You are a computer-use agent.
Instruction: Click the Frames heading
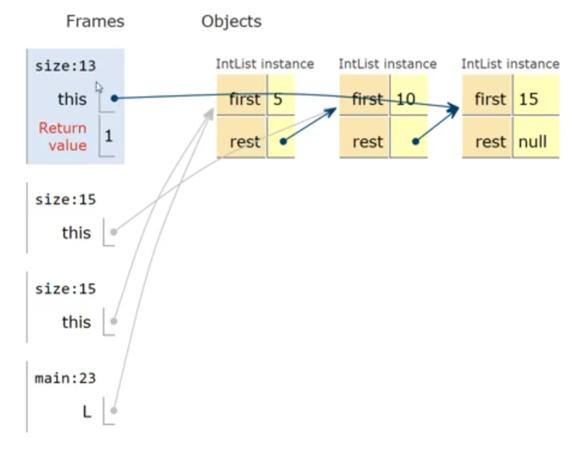95,22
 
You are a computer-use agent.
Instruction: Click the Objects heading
231,22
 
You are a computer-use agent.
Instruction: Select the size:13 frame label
65,66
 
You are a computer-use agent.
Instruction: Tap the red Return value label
63,137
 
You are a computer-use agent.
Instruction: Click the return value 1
108,136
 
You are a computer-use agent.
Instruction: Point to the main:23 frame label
65,378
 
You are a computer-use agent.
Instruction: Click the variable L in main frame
87,412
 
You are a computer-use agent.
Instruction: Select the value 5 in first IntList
277,99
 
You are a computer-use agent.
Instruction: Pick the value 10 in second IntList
406,99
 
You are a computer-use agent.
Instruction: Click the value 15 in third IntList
528,99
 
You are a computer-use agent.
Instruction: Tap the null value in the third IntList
532,142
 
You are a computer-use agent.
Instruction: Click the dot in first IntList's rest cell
283,142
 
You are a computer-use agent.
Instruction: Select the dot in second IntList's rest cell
416,142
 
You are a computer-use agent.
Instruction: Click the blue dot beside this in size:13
114,98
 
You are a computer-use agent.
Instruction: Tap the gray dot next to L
114,411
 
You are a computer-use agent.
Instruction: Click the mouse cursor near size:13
99,87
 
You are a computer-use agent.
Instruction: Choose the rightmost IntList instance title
510,64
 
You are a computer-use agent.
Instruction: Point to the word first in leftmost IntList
244,99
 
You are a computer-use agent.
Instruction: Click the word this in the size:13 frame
72,99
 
